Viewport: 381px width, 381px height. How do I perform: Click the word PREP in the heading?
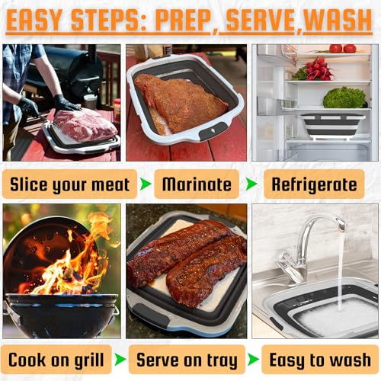coord(183,21)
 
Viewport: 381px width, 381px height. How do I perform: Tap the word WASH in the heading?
coord(338,21)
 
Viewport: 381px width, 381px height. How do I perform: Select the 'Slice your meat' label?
coord(69,184)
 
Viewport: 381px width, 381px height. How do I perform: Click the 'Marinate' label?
coord(197,184)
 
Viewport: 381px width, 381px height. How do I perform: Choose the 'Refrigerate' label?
coord(314,184)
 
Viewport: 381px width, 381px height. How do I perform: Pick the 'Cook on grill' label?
coord(56,360)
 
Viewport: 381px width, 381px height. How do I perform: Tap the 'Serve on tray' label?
coord(187,360)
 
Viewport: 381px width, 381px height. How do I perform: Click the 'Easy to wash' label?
coord(320,360)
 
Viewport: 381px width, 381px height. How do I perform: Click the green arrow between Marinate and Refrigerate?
coord(251,184)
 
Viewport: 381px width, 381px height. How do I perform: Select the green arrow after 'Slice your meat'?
coord(146,184)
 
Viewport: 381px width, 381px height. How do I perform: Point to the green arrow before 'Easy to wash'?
coord(253,360)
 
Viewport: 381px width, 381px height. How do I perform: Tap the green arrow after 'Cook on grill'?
coord(120,360)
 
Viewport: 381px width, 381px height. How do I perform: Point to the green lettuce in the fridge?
coord(344,98)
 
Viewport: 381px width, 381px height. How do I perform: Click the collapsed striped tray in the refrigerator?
coord(333,126)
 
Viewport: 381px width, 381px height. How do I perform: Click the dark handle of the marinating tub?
coord(213,131)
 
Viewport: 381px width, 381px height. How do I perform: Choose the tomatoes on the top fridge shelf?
coord(343,49)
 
